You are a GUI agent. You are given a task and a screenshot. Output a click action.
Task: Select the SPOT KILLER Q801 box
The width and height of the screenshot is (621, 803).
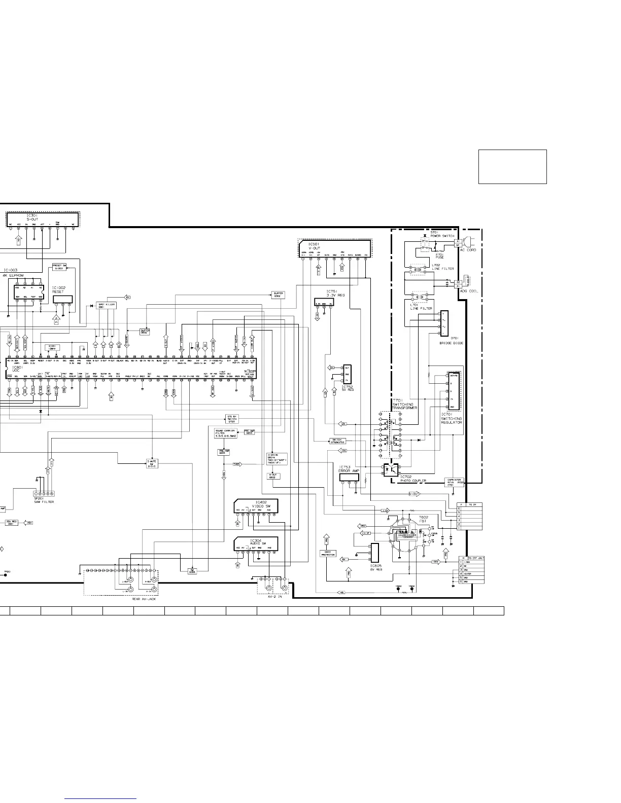click(x=107, y=306)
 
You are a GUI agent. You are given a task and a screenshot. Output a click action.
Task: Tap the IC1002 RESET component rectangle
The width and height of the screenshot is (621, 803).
click(x=62, y=299)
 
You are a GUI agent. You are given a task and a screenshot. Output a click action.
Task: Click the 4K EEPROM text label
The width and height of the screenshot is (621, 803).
click(x=14, y=275)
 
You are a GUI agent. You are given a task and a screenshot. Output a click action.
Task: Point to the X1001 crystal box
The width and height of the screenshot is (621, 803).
click(x=52, y=347)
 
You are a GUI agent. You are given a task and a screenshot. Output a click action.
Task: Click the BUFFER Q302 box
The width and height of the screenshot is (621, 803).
click(x=278, y=295)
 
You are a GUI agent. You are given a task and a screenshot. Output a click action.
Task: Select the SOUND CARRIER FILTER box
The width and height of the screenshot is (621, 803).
click(x=223, y=433)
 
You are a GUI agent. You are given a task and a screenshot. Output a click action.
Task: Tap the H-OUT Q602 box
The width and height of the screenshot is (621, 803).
click(x=272, y=476)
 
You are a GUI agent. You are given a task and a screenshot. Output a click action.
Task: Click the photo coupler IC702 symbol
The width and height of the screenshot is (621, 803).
click(x=392, y=470)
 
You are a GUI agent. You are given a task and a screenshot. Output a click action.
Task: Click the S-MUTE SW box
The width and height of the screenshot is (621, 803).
click(x=152, y=463)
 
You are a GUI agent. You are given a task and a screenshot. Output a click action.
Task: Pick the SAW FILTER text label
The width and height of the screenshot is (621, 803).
click(x=44, y=502)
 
